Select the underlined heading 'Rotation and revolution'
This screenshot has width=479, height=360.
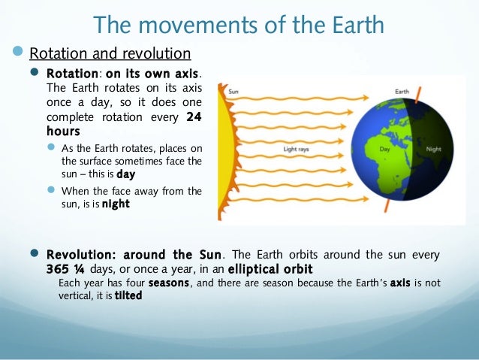click(x=110, y=54)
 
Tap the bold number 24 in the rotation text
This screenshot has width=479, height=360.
click(x=194, y=117)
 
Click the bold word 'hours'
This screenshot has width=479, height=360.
click(x=63, y=130)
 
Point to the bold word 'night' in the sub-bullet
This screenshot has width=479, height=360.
click(x=116, y=203)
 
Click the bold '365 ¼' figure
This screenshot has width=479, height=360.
click(x=68, y=268)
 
